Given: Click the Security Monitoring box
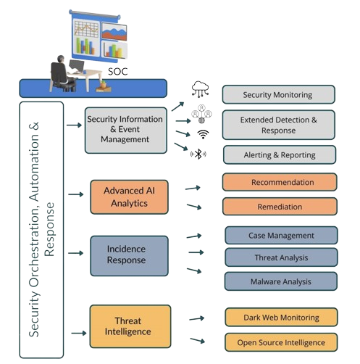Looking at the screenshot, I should (x=278, y=94).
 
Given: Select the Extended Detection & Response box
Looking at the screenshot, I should (x=278, y=124).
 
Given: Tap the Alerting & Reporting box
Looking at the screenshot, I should (x=278, y=154).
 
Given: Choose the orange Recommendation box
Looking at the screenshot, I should (x=279, y=182).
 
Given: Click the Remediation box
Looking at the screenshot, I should (x=279, y=207).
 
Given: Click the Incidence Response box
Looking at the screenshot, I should (x=129, y=254).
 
